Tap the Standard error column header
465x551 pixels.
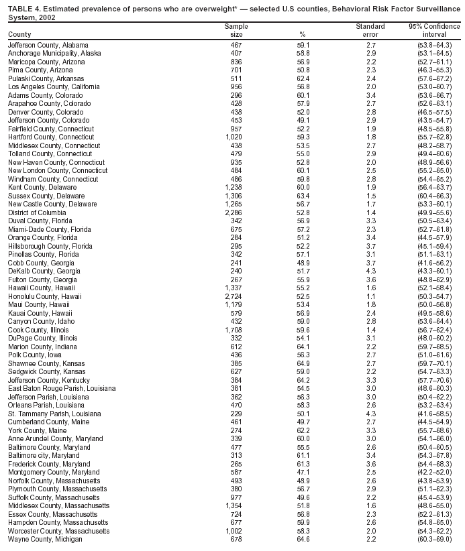tap(370, 30)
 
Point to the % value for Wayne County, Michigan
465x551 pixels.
tap(303, 538)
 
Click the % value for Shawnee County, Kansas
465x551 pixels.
tap(303, 363)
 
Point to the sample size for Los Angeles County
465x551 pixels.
tap(236, 86)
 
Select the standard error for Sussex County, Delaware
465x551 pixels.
tap(370, 196)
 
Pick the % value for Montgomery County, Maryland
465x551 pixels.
tap(303, 472)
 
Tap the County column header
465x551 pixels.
tap(19, 34)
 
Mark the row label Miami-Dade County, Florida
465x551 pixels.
tap(49, 229)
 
